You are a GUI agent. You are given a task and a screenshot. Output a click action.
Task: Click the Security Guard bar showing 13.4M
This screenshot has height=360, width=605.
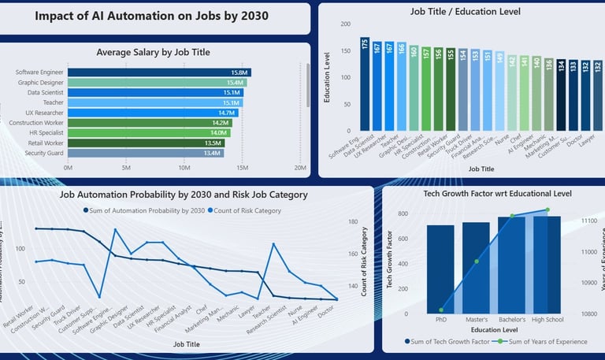[146, 153]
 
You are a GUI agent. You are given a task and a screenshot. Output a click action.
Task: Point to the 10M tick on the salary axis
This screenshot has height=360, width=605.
[184, 168]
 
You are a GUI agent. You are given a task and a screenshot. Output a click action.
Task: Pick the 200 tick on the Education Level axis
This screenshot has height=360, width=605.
[345, 24]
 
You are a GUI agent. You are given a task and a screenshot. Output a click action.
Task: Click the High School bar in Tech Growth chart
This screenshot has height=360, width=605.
[547, 265]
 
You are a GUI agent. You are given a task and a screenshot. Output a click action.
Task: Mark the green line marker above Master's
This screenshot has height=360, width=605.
[476, 262]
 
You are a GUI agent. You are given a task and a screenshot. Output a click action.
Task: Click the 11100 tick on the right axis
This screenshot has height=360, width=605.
[589, 222]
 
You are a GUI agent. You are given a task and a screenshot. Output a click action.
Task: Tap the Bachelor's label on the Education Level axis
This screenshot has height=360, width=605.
[511, 319]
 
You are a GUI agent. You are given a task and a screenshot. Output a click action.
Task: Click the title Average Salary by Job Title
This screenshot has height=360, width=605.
[153, 52]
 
